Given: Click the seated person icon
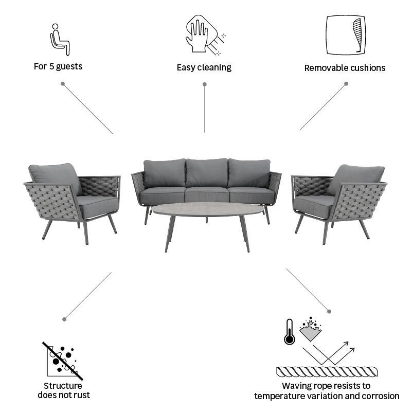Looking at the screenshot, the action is (60, 40).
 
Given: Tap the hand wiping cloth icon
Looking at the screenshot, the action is (204, 35).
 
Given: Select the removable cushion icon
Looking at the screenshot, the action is (346, 35).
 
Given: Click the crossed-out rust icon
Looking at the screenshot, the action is (63, 361).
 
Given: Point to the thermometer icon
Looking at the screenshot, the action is (289, 332).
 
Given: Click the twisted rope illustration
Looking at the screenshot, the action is (327, 372).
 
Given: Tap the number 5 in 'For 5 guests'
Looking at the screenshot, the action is (51, 66).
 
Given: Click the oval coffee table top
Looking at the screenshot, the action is (208, 209).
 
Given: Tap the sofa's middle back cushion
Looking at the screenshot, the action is (207, 173).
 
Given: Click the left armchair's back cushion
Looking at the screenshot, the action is (56, 177).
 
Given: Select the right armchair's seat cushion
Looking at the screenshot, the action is (313, 206).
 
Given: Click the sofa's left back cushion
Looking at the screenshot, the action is (165, 173).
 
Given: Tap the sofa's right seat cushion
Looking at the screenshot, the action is (252, 196).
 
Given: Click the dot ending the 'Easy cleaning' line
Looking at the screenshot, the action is (204, 84).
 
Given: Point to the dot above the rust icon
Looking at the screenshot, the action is (64, 319).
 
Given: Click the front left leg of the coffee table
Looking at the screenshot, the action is (170, 234).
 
